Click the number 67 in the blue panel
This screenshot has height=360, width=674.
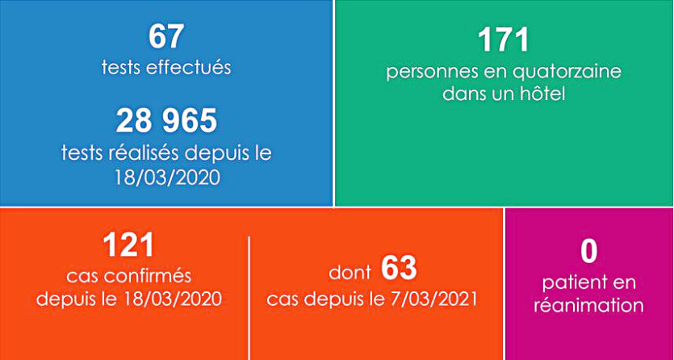coord(166,37)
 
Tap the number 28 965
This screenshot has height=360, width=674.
coord(166,121)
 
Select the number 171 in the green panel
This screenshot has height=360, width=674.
coord(503,40)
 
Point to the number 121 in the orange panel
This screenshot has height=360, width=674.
coord(128,245)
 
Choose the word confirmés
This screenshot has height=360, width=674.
coord(153,276)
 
